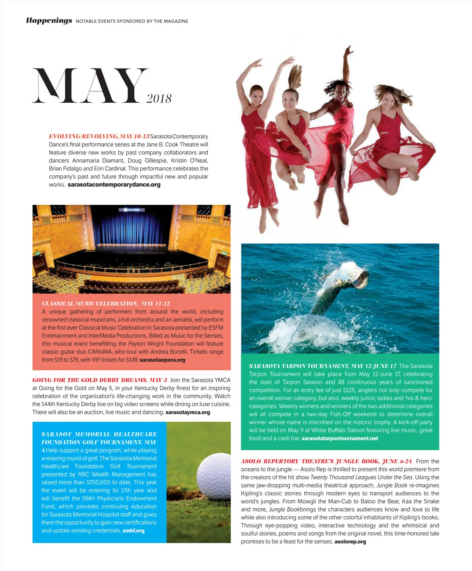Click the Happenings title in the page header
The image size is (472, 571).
tap(49, 20)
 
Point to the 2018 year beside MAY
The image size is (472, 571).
tap(159, 98)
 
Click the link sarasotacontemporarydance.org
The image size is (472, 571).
tap(114, 185)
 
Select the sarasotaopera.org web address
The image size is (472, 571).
tap(162, 360)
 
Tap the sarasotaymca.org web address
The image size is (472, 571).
tap(188, 412)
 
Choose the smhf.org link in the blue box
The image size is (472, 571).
tap(133, 531)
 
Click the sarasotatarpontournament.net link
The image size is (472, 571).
tap(339, 438)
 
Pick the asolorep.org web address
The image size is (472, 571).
tap(350, 542)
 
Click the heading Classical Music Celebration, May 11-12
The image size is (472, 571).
tap(106, 304)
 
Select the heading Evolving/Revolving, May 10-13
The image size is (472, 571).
tap(99, 137)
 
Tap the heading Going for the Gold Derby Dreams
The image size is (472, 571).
tap(100, 380)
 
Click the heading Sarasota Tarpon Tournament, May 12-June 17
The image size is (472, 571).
tap(323, 366)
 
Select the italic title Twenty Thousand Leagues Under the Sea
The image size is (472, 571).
tap(361, 477)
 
